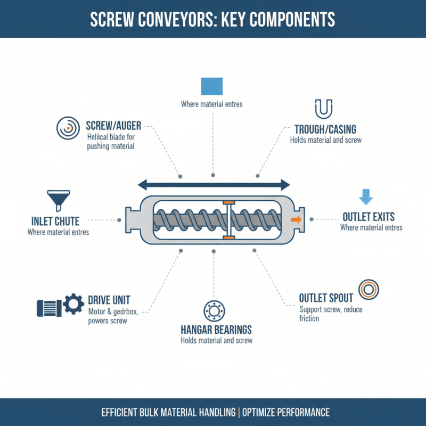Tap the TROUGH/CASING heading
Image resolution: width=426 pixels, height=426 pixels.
point(325,129)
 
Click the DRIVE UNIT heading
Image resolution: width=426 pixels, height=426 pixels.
point(109,300)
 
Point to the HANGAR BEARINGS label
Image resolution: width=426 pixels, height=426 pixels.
point(216,330)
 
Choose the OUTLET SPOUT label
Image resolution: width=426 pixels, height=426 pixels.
point(327,298)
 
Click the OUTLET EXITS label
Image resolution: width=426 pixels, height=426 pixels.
point(368,217)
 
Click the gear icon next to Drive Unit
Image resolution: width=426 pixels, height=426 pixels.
point(73,304)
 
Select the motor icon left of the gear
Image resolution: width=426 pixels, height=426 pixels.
point(48,307)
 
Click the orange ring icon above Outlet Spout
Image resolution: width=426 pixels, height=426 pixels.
point(368,289)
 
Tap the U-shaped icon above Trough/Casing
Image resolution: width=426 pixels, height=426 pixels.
point(324,109)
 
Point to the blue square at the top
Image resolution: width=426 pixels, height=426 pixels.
point(211,86)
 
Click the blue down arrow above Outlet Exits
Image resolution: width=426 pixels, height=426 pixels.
point(365,196)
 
